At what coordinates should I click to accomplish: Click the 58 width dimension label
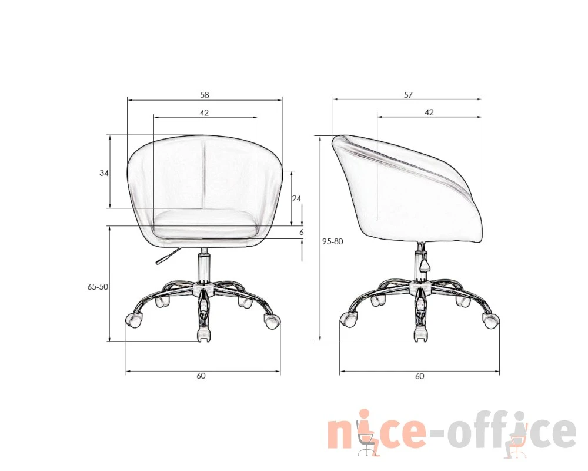205,95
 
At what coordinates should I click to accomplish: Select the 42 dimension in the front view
204,112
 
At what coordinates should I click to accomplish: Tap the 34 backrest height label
104,173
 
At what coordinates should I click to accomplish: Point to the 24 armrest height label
296,198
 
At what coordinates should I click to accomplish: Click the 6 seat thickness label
302,233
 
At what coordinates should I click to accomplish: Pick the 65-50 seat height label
98,287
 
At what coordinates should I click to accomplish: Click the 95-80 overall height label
333,241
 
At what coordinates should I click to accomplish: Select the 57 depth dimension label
409,95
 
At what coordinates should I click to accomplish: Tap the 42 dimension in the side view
429,112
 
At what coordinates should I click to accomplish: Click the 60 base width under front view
201,376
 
